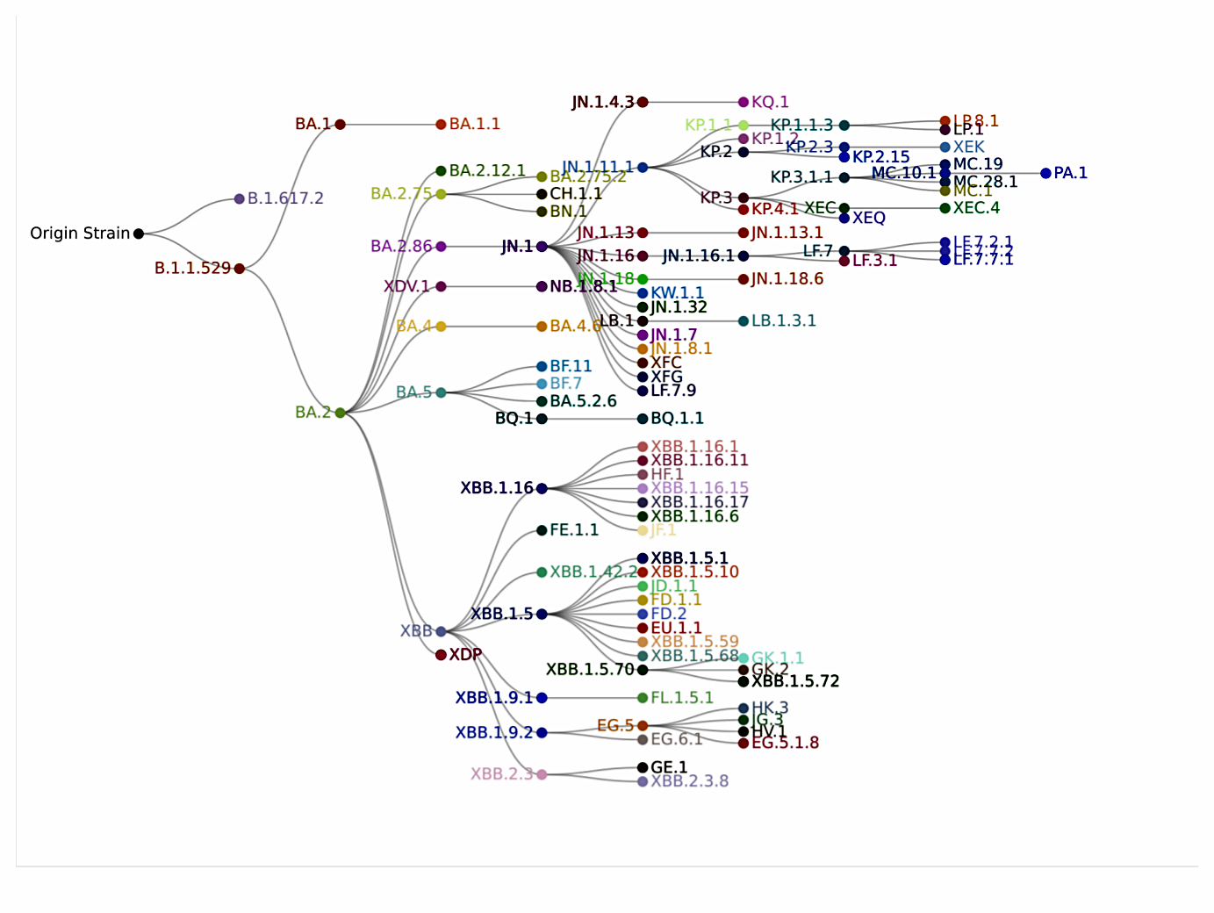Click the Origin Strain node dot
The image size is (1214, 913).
pos(139,234)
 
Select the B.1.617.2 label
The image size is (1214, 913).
pos(285,198)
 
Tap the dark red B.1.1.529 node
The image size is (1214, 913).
pos(240,269)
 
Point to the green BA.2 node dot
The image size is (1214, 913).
pos(341,413)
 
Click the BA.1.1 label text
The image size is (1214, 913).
pos(475,125)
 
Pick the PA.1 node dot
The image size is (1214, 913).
pos(1045,173)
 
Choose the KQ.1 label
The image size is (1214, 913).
pos(770,102)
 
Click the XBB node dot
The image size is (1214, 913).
pos(441,631)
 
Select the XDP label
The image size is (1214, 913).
pos(465,655)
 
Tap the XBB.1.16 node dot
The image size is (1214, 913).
pos(542,488)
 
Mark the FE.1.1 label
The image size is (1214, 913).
pos(574,530)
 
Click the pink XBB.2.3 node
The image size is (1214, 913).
pos(542,774)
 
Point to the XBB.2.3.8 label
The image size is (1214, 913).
pos(689,781)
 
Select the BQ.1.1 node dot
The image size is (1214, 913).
pos(643,419)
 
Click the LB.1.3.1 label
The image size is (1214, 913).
pos(783,321)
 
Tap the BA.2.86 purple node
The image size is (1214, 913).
pos(441,247)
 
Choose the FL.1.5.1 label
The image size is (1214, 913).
pos(681,698)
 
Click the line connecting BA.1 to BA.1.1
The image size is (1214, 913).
pos(391,125)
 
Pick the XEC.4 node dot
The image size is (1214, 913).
pos(945,208)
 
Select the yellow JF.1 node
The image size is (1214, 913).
pos(643,530)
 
